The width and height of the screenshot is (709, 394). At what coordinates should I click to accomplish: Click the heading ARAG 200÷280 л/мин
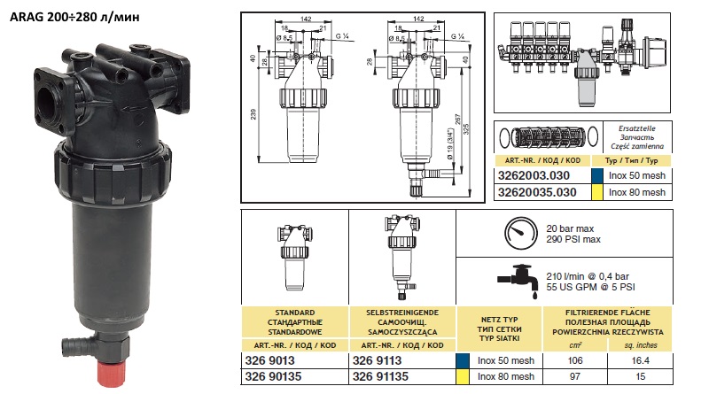click(x=76, y=15)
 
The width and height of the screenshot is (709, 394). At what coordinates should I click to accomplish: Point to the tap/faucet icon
click(x=519, y=279)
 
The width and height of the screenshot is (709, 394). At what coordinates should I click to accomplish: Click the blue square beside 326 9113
click(x=461, y=361)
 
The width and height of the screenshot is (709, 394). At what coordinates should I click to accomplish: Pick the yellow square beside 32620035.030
click(x=597, y=190)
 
